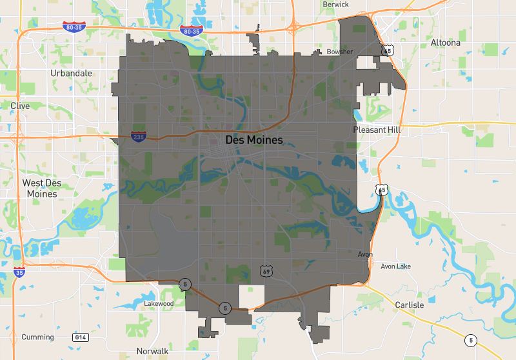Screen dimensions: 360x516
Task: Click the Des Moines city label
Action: coord(254,139)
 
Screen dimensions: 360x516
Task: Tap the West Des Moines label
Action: coord(42,188)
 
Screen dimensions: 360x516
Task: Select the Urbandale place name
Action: coord(71,73)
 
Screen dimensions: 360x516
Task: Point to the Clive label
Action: coord(20,105)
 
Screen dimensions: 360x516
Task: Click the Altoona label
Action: coord(445,43)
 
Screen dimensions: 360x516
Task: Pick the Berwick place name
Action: coord(335,5)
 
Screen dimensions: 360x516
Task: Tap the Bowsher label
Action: coord(340,52)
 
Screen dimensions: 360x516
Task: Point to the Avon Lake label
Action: coord(395,266)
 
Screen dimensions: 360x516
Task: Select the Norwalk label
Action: coord(152,351)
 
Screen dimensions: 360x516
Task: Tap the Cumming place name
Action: coord(37,337)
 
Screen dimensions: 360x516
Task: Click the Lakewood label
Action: coord(159,303)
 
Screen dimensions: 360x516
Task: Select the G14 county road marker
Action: coord(81,337)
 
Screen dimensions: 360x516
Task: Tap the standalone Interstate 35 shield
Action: coord(19,273)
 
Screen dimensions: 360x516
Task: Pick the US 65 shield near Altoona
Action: coord(387,50)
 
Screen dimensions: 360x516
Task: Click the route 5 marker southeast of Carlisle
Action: coord(471,340)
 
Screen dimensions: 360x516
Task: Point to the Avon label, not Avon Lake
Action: coord(365,254)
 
